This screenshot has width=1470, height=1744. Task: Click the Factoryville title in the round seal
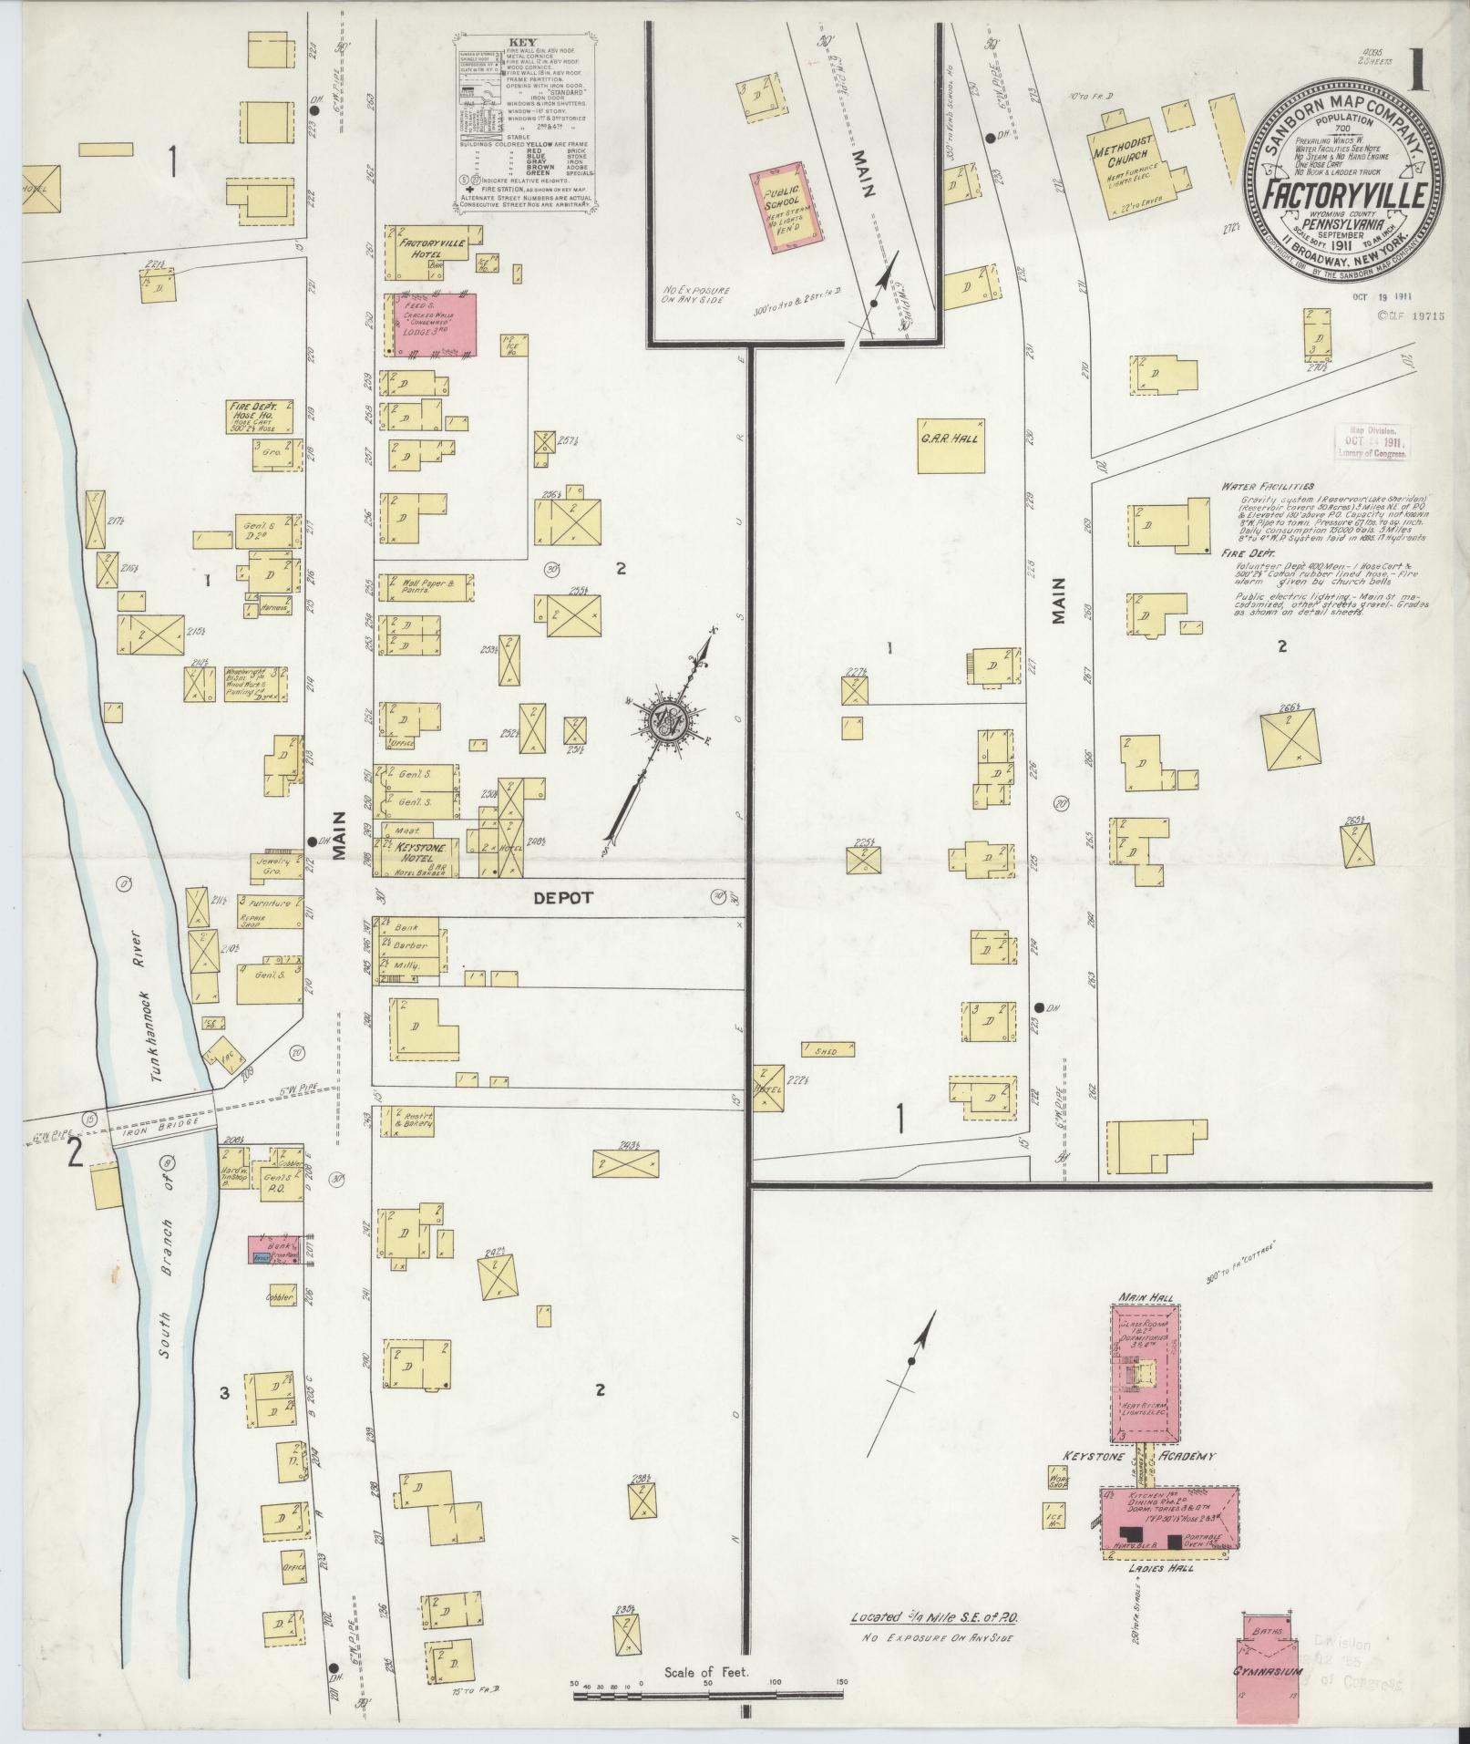pos(1339,193)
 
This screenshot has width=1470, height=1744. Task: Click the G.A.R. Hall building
pos(951,444)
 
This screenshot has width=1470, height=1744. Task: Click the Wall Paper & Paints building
pos(425,587)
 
